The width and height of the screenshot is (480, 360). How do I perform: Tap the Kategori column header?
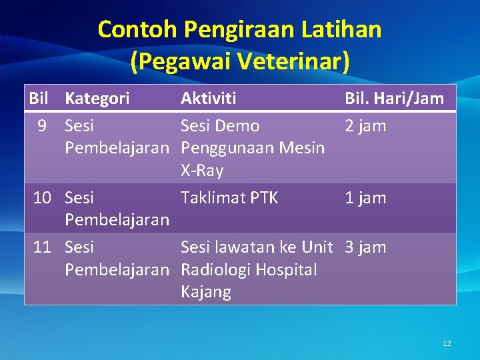pyautogui.click(x=97, y=99)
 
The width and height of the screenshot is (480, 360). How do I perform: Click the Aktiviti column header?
pyautogui.click(x=208, y=99)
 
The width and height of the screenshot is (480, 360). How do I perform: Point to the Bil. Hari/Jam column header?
pyautogui.click(x=394, y=99)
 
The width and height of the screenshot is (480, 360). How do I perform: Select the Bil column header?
pyautogui.click(x=39, y=99)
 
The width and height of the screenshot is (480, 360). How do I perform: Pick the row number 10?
pyautogui.click(x=43, y=197)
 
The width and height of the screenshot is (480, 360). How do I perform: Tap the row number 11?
pyautogui.click(x=43, y=247)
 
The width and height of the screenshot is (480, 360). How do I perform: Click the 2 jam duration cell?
pyautogui.click(x=365, y=126)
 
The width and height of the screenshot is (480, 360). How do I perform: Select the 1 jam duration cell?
pyautogui.click(x=365, y=197)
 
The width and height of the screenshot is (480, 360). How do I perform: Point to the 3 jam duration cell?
pyautogui.click(x=365, y=247)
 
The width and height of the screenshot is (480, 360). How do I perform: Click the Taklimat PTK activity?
pyautogui.click(x=229, y=197)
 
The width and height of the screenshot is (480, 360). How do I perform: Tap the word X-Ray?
pyautogui.click(x=202, y=171)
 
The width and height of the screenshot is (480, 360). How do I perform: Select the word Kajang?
pyautogui.click(x=206, y=292)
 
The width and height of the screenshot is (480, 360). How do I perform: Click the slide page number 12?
pyautogui.click(x=447, y=343)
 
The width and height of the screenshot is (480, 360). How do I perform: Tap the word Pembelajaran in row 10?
pyautogui.click(x=117, y=220)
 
